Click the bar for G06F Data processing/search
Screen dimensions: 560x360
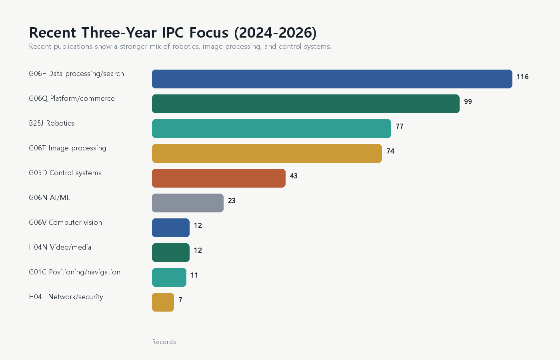click(x=332, y=79)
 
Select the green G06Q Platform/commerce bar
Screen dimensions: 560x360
click(x=306, y=104)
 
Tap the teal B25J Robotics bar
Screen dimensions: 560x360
click(x=272, y=128)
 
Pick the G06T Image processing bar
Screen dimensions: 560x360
click(x=267, y=153)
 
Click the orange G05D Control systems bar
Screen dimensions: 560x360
click(x=219, y=178)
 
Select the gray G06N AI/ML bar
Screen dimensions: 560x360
click(x=188, y=203)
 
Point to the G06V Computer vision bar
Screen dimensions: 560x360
click(x=171, y=228)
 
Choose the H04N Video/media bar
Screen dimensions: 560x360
click(x=171, y=252)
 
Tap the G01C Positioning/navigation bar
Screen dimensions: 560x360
click(x=169, y=277)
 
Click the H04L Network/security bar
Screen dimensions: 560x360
click(x=163, y=302)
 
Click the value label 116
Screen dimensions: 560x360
click(x=522, y=77)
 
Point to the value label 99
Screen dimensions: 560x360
click(x=468, y=102)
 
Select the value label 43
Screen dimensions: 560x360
click(x=294, y=176)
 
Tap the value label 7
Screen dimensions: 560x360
click(x=180, y=300)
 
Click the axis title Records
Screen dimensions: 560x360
click(x=164, y=342)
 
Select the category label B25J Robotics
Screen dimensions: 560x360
click(x=52, y=123)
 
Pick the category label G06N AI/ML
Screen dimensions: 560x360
click(x=50, y=198)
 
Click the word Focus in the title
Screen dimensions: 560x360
click(x=209, y=32)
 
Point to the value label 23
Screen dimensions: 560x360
click(x=232, y=201)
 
